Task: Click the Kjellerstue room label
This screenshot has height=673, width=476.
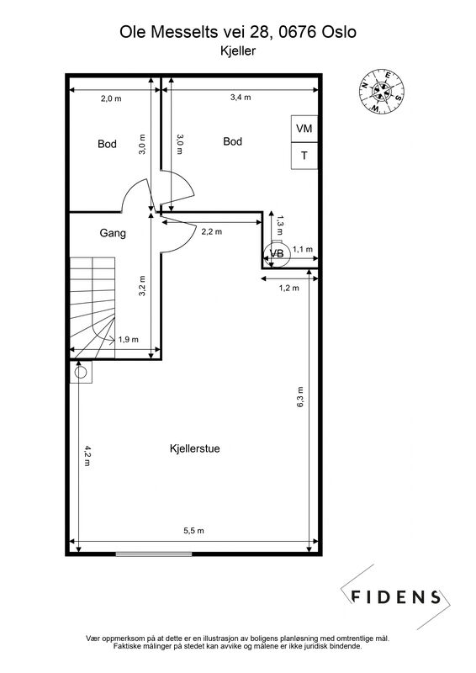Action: point(195,448)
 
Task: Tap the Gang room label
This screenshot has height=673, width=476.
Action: point(113,233)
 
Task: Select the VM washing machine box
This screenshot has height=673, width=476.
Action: point(304,129)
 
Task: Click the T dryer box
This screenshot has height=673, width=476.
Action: point(304,156)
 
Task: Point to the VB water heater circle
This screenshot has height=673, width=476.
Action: point(278,254)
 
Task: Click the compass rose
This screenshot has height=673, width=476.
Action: point(382,92)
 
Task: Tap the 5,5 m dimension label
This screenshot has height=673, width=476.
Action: point(194,531)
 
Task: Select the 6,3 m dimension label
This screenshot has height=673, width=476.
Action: point(300,397)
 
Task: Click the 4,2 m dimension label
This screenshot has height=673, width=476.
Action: point(87,456)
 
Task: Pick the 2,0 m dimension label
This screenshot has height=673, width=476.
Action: point(111,98)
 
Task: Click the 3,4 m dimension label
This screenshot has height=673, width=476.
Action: point(241,98)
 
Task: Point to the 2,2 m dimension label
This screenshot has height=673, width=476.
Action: point(212,232)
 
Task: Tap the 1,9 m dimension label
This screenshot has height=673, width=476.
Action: point(129,340)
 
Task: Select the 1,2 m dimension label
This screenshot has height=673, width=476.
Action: point(289,288)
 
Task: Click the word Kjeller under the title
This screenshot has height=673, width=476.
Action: point(238,50)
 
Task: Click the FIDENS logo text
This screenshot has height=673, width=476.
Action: point(396,597)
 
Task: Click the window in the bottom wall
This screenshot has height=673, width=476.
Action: point(154,554)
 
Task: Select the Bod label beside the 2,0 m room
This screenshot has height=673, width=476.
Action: point(107,144)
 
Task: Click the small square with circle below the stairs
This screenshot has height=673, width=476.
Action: point(81,372)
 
